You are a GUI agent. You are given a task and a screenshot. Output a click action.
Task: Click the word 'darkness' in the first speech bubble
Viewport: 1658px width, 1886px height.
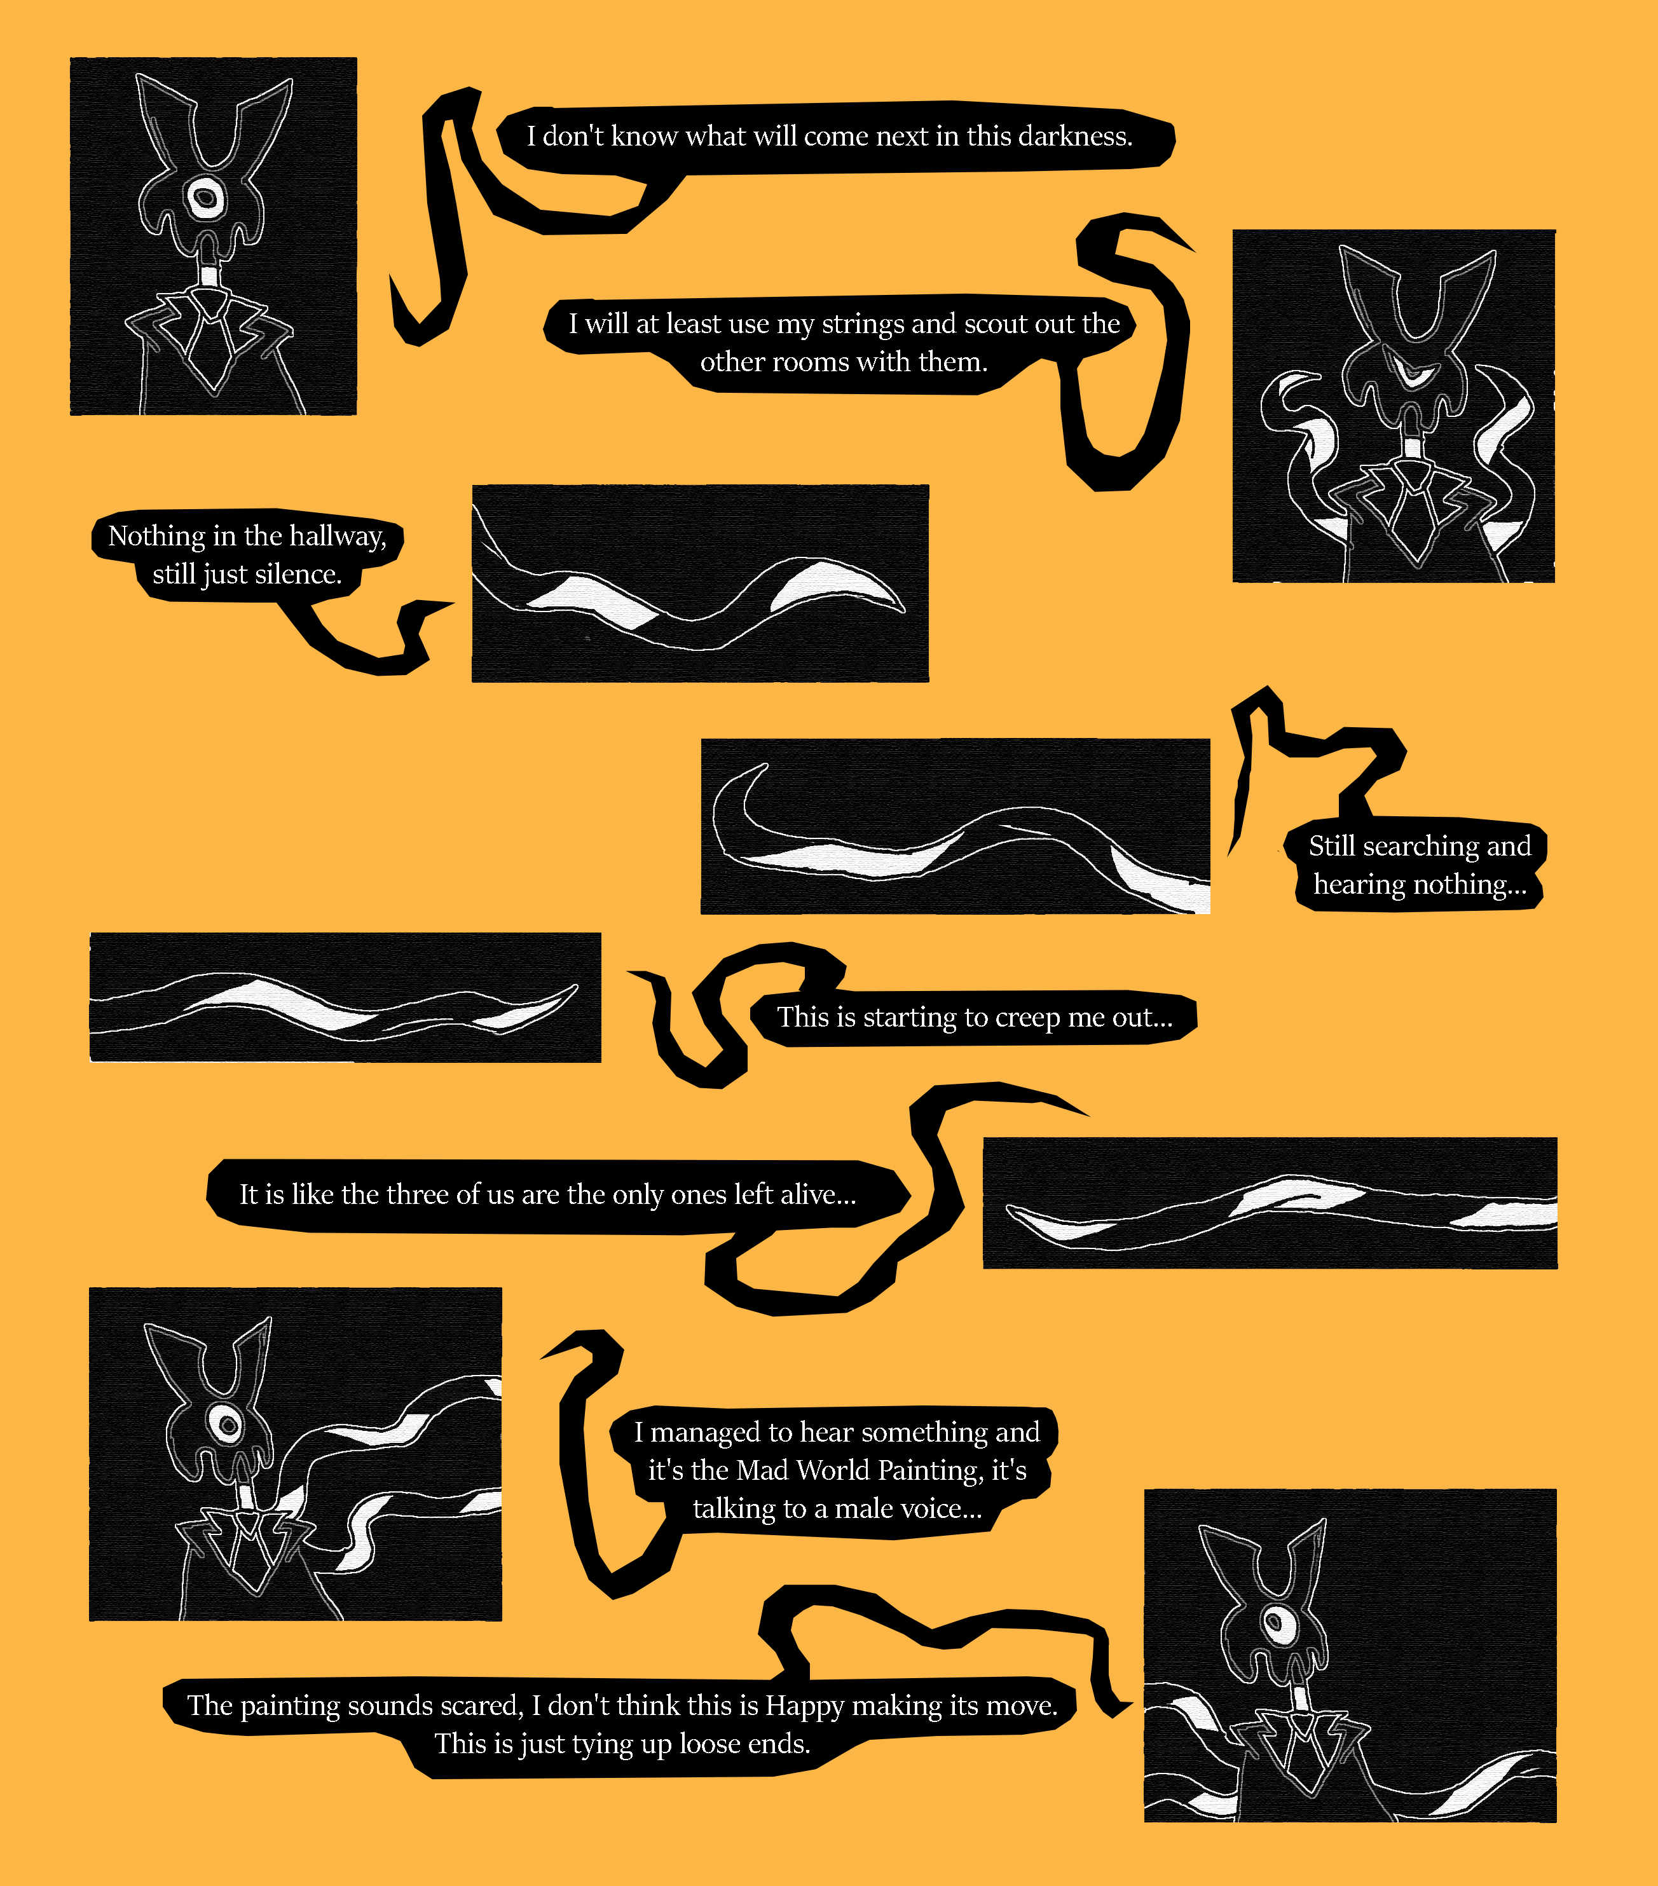click(x=1077, y=137)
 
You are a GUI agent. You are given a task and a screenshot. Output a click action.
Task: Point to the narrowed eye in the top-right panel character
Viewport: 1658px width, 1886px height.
click(x=1413, y=374)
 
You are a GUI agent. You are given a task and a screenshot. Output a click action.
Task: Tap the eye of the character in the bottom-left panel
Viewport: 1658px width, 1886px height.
click(x=225, y=1424)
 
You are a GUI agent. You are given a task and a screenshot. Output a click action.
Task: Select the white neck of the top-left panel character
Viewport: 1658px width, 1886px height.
click(x=209, y=277)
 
